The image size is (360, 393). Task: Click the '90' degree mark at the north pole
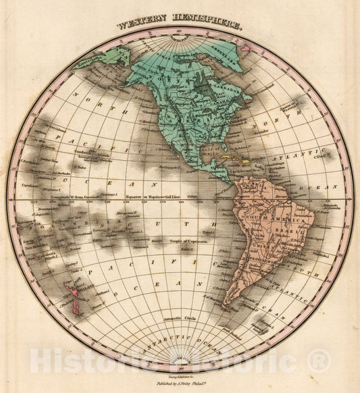(x=180, y=32)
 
